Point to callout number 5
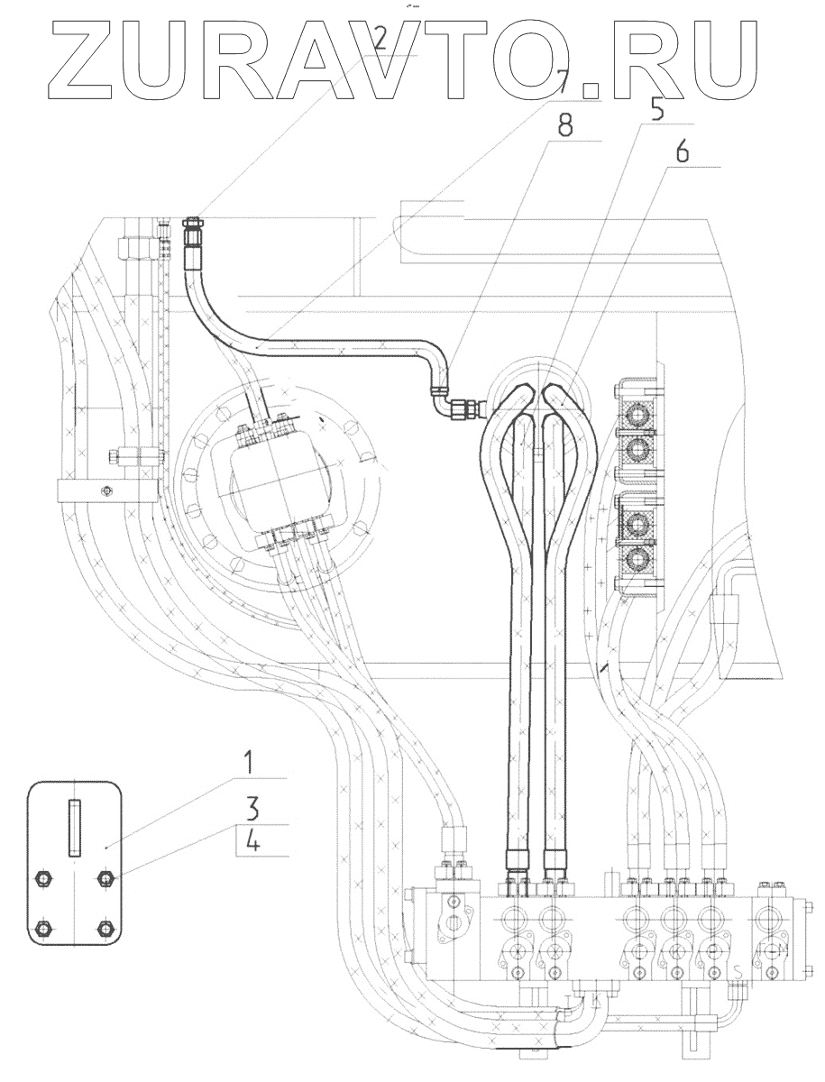point(655,109)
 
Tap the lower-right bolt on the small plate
point(106,928)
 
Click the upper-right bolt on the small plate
point(106,879)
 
